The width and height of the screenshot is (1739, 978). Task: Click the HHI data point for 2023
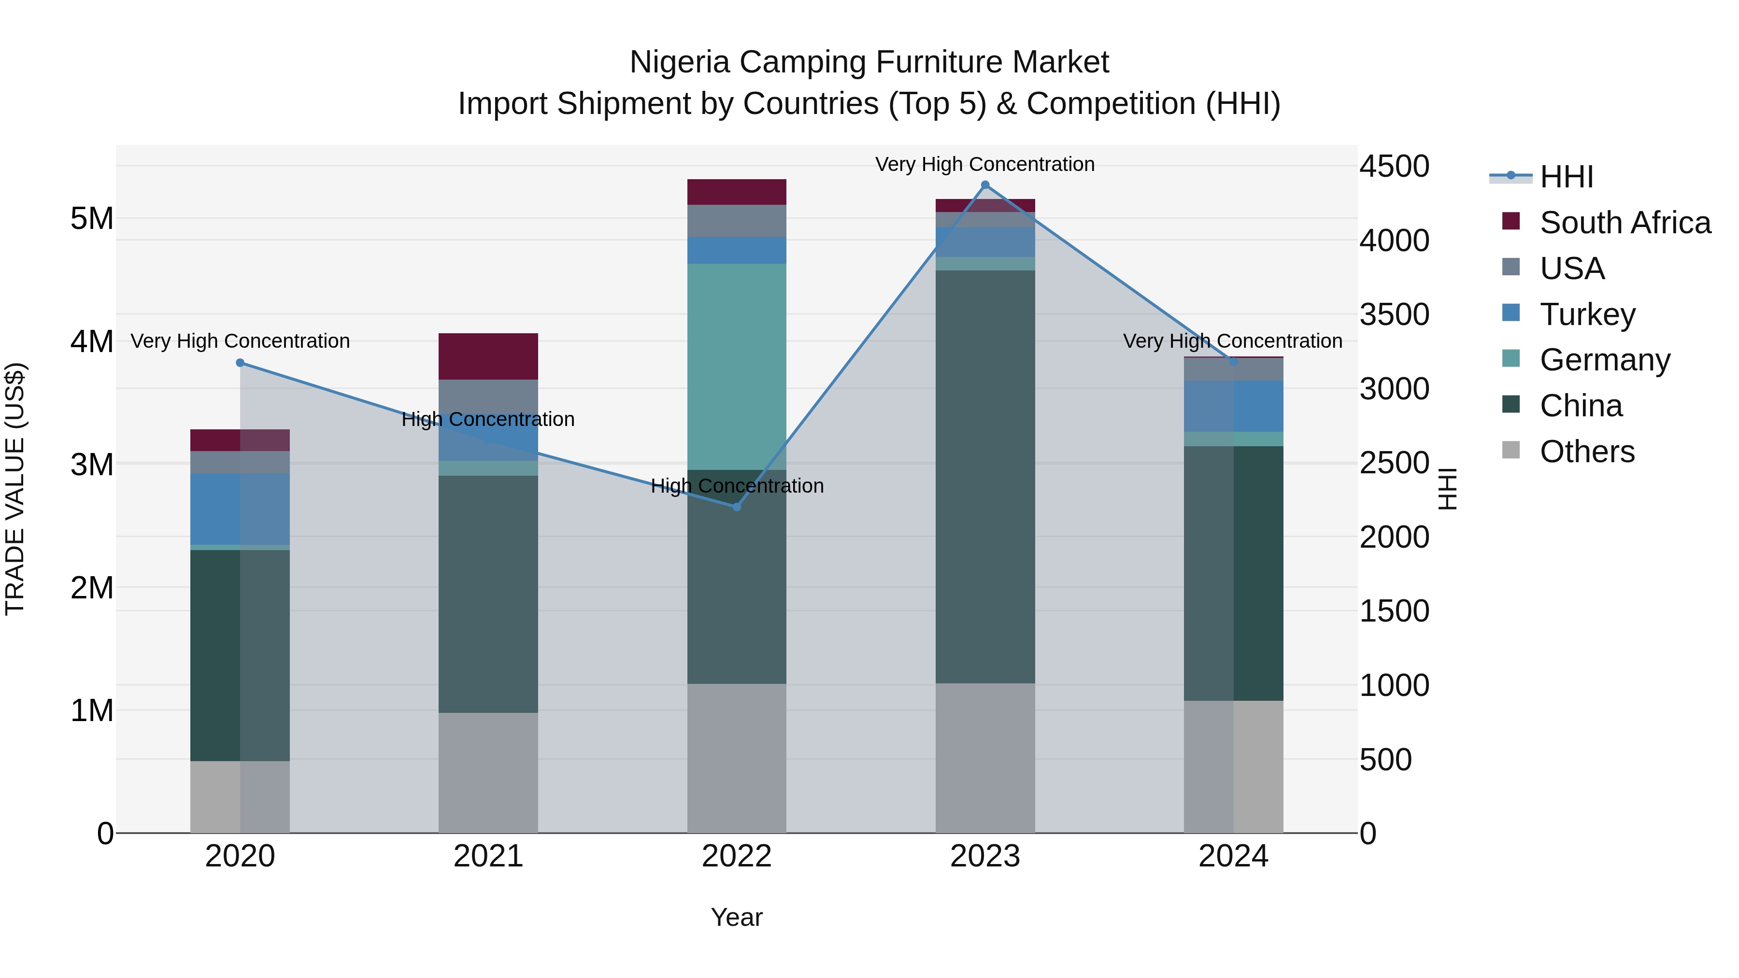985,185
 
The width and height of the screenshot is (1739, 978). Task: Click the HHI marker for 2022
737,507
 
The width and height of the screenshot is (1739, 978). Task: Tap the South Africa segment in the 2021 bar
488,356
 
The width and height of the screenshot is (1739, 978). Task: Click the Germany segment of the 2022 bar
737,367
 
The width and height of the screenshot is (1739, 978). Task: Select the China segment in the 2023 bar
985,477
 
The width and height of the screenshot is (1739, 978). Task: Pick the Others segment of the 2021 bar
488,772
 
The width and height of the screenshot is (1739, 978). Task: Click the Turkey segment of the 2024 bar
1233,406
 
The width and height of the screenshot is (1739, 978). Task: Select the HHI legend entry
1566,177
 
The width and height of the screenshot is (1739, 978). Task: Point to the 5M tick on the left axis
92,219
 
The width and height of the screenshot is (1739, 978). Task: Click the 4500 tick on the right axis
1394,166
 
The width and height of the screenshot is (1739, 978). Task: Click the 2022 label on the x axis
737,856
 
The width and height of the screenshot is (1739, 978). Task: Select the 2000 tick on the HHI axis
1394,537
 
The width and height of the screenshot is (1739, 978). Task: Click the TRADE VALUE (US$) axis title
15,489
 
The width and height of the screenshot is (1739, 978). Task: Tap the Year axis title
737,917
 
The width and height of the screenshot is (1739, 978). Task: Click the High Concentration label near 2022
737,486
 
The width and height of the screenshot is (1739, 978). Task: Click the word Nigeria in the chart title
679,62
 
